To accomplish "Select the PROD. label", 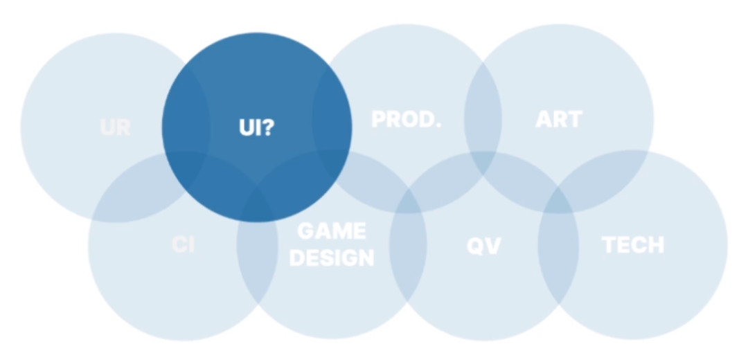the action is coord(406,119).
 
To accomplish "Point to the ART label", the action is coord(559,119).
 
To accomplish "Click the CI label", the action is coord(183,245).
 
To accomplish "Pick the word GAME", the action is coord(332,231).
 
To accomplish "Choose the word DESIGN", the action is coord(332,258).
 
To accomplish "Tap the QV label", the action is coord(483,245).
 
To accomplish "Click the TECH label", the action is coord(633,244).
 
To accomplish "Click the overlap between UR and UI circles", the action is coord(186,125).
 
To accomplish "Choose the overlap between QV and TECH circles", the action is coord(558,246).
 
